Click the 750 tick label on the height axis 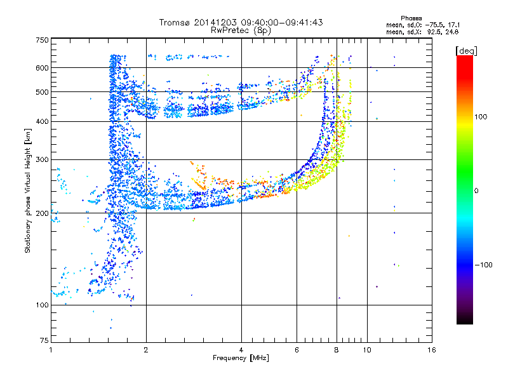pyautogui.click(x=42, y=39)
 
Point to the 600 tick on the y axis pyautogui.click(x=42, y=67)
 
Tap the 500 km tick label pyautogui.click(x=42, y=91)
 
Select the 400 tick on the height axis pyautogui.click(x=42, y=121)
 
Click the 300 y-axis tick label pyautogui.click(x=42, y=159)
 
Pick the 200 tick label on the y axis pyautogui.click(x=42, y=213)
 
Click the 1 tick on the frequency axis pyautogui.click(x=51, y=349)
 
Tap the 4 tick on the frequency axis pyautogui.click(x=241, y=349)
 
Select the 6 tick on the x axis pyautogui.click(x=297, y=349)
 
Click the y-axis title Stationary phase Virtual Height pyautogui.click(x=28, y=190)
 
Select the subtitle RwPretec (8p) pyautogui.click(x=241, y=30)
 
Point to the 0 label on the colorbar pyautogui.click(x=477, y=190)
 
